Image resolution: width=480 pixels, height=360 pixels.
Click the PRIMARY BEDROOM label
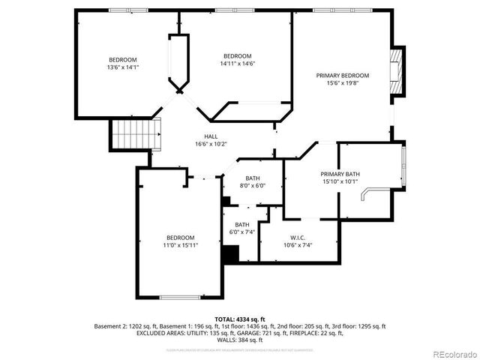point(342,75)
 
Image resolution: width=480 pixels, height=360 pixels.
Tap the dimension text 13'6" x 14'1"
point(124,67)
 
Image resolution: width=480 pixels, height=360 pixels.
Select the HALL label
point(211,136)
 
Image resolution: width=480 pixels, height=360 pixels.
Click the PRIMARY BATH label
point(340,173)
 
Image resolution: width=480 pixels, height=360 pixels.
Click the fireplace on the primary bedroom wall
point(396,74)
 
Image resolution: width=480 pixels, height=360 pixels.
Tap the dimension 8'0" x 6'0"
point(253,185)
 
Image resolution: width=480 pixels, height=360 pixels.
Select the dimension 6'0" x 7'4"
point(242,232)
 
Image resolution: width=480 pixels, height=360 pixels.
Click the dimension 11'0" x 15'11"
point(181,244)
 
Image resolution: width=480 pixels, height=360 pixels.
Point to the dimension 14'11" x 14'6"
point(237,64)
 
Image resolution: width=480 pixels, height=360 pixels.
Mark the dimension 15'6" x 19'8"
point(342,83)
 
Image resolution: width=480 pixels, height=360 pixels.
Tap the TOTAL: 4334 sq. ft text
point(240,319)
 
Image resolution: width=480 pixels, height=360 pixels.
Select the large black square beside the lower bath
point(230,253)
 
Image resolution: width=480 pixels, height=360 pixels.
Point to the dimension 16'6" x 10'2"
point(211,143)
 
